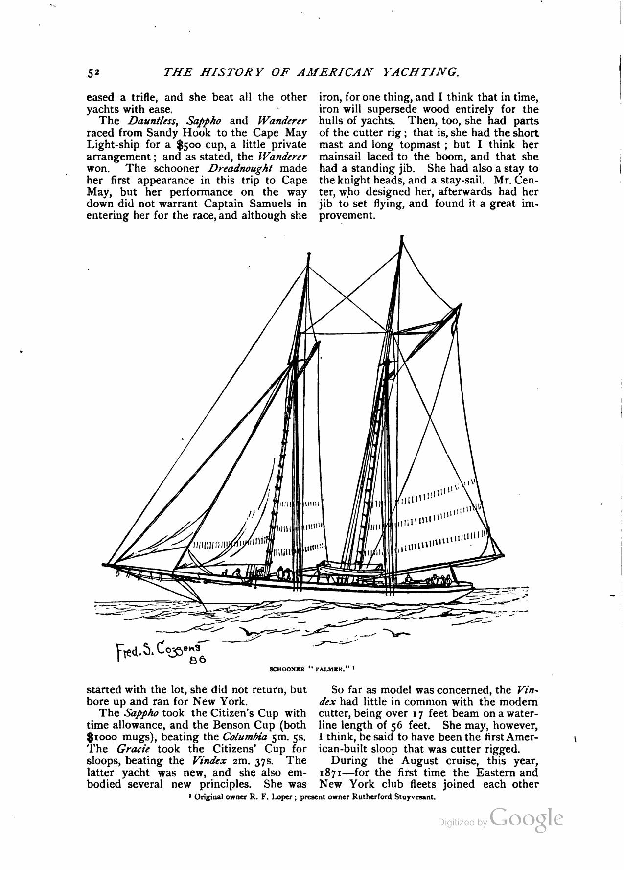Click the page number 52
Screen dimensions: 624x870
coord(93,73)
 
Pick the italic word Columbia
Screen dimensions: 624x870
coord(241,737)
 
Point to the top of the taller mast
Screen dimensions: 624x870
coord(402,237)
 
